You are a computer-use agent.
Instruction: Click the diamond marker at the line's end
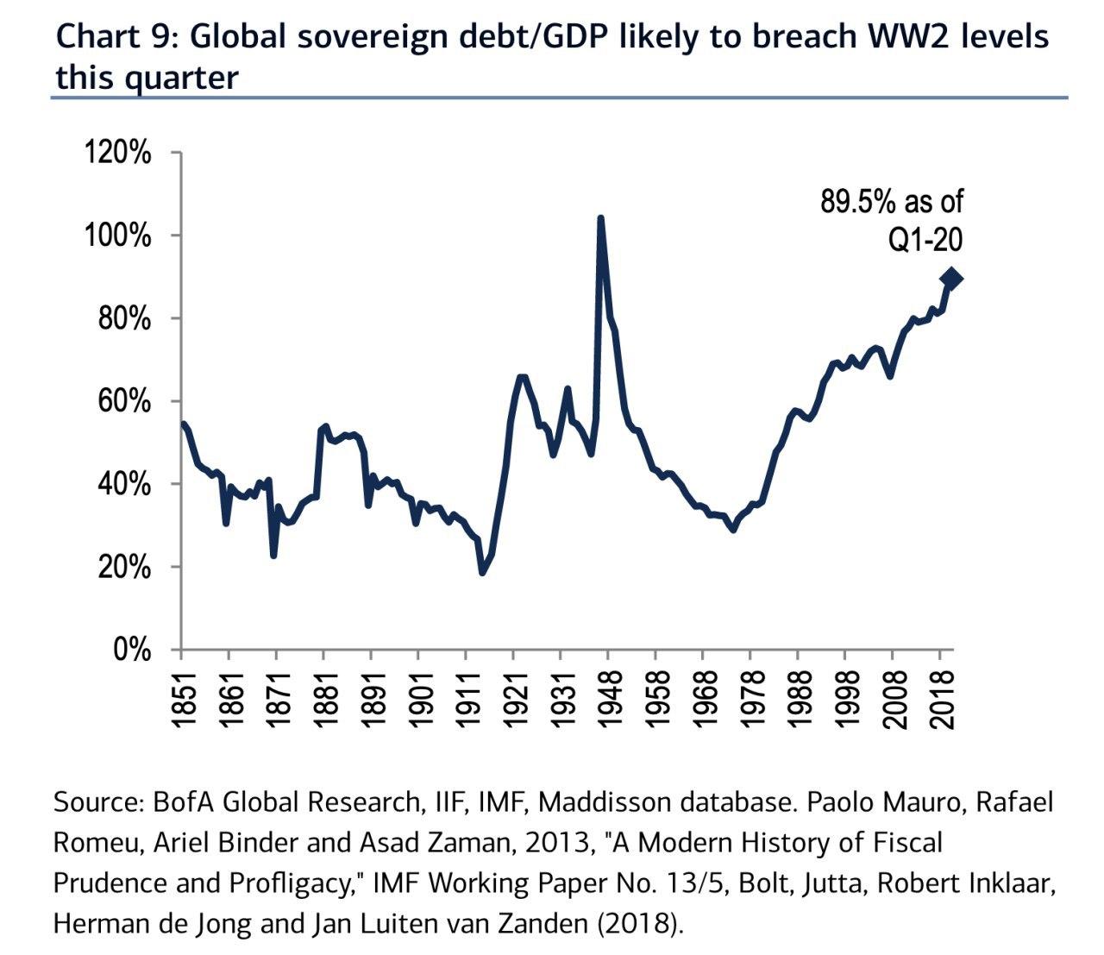click(952, 279)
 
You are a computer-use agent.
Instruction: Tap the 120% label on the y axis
click(117, 153)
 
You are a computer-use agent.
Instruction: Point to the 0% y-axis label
click(132, 650)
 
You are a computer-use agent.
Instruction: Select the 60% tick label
click(124, 402)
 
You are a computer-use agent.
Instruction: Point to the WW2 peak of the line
click(600, 218)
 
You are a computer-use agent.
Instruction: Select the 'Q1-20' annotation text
click(925, 240)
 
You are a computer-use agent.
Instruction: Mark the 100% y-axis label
click(117, 236)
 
